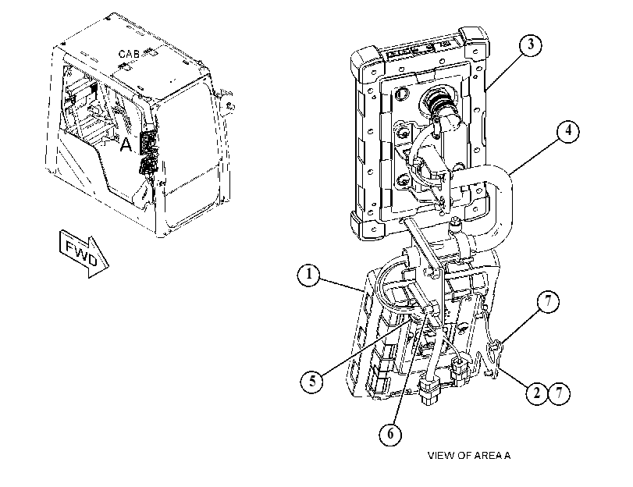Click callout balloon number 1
pos(309,275)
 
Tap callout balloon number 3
pos(531,44)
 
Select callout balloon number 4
pos(568,131)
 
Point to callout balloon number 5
pos(311,381)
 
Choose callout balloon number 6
pos(390,434)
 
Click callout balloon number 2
pos(537,393)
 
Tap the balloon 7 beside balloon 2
pos(559,393)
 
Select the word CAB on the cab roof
pos(130,54)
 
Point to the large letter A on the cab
pos(126,144)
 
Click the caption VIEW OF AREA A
pos(469,456)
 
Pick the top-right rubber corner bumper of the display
pos(474,38)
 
